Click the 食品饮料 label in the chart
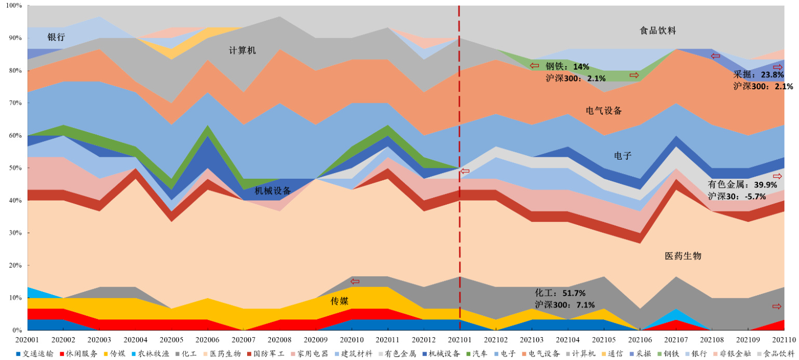coord(657,31)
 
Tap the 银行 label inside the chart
coord(56,37)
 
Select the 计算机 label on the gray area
coord(242,50)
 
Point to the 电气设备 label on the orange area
coord(604,111)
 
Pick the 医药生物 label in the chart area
coord(683,256)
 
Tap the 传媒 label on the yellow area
coord(339,301)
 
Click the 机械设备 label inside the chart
coord(273,191)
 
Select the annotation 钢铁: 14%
coord(567,66)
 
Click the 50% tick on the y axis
coord(15,168)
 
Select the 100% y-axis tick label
coord(13,5)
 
